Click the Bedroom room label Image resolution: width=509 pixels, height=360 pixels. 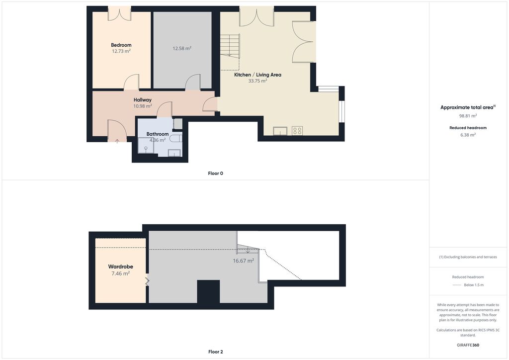(x=121, y=45)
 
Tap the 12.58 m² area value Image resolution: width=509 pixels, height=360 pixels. (x=182, y=48)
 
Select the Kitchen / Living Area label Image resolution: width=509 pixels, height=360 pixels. (x=258, y=75)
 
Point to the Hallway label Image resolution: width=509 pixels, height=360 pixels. (x=143, y=100)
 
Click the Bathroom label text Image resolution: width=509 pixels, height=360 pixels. (x=158, y=134)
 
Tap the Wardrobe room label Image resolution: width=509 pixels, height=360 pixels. (x=120, y=267)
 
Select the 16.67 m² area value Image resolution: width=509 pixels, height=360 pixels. (x=244, y=261)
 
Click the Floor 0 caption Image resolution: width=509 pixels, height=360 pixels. (x=216, y=174)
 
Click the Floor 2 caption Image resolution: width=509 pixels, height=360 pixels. (x=216, y=352)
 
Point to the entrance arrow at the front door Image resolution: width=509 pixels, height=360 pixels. (x=117, y=141)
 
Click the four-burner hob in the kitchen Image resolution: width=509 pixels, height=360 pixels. (x=297, y=130)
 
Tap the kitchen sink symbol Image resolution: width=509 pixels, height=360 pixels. (x=280, y=131)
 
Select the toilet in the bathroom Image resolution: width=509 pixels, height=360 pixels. (x=176, y=139)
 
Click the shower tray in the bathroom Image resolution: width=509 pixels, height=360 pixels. (x=146, y=145)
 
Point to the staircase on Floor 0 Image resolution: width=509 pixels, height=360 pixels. (x=230, y=45)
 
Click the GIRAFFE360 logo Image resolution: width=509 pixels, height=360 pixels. (x=468, y=345)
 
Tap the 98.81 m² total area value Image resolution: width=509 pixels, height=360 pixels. (x=468, y=116)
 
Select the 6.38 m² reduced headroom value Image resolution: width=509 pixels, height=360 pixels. (x=468, y=135)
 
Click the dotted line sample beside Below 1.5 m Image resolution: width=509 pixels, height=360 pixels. (x=457, y=285)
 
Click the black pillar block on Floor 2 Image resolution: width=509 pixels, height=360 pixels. (x=208, y=291)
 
